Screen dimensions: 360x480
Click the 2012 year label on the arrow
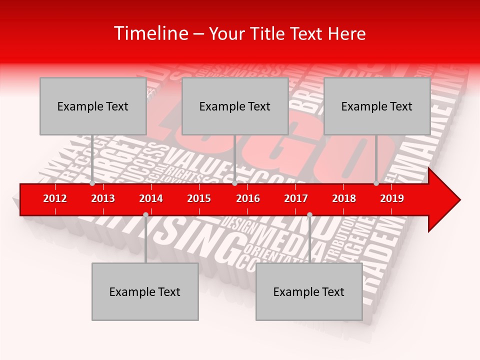pyautogui.click(x=55, y=198)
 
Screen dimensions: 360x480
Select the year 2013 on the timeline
pyautogui.click(x=103, y=198)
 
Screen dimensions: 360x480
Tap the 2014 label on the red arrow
pyautogui.click(x=151, y=198)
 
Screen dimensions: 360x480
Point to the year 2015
pyautogui.click(x=199, y=198)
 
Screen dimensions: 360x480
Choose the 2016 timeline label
pyautogui.click(x=248, y=198)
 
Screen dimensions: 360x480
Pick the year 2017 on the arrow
pyautogui.click(x=296, y=198)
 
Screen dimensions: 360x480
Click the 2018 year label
pyautogui.click(x=344, y=198)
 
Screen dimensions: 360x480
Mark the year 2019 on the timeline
pyautogui.click(x=392, y=198)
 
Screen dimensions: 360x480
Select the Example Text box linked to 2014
pyautogui.click(x=145, y=291)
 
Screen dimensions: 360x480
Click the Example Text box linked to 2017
pyautogui.click(x=309, y=291)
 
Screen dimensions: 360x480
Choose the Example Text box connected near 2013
pyautogui.click(x=93, y=106)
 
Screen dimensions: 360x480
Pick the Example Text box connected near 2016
pyautogui.click(x=235, y=106)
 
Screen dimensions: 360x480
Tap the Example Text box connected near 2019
pyautogui.click(x=377, y=106)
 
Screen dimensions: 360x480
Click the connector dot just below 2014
pyautogui.click(x=145, y=214)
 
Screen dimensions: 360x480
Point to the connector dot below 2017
pyautogui.click(x=309, y=214)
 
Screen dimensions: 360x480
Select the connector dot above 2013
pyautogui.click(x=92, y=183)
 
